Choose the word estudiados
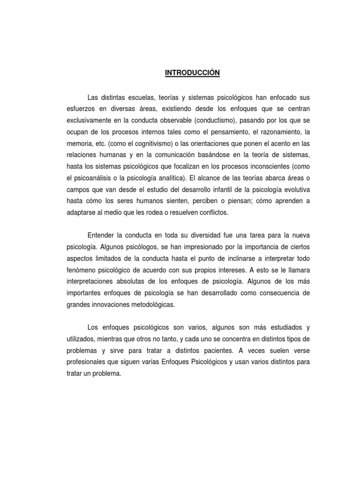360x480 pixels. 279,327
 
